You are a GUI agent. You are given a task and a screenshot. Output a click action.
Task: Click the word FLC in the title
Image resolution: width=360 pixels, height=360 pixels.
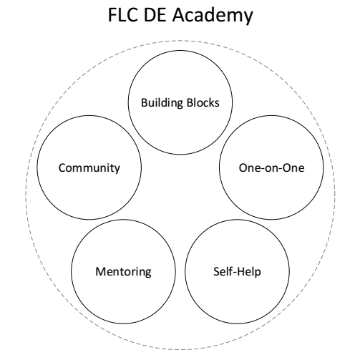(123, 15)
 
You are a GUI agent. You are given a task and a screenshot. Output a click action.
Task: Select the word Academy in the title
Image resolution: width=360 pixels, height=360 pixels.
(213, 16)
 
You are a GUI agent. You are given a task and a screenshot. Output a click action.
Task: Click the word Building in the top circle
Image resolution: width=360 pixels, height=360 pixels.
(162, 103)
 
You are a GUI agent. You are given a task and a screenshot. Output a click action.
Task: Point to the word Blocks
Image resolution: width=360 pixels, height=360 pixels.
(203, 102)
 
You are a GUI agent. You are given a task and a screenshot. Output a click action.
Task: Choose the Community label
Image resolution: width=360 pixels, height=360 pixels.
(89, 168)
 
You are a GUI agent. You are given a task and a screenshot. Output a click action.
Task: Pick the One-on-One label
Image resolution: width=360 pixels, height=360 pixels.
(271, 168)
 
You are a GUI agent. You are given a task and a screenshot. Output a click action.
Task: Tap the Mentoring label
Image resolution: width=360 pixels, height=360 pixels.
(123, 272)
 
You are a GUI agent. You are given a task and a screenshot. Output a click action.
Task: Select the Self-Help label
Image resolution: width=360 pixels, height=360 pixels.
(237, 272)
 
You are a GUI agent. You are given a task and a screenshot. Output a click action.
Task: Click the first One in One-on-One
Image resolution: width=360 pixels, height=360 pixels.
(248, 168)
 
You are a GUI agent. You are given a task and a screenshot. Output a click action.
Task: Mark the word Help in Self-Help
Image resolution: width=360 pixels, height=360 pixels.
(250, 272)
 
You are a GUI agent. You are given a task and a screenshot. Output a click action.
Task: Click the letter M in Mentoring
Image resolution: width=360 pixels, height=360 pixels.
(100, 271)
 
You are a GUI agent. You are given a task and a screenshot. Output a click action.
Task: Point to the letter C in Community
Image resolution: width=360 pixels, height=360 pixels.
(62, 168)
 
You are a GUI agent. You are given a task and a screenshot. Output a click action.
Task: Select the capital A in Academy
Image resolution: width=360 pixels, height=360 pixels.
(179, 15)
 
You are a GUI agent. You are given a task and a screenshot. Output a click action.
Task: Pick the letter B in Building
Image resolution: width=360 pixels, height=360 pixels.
(145, 103)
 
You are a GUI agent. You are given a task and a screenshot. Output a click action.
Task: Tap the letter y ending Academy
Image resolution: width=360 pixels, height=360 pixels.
(248, 19)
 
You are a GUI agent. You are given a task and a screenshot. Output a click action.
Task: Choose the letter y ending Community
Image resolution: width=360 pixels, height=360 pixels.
(117, 170)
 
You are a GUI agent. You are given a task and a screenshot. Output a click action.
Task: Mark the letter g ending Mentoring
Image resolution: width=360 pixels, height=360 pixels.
(148, 273)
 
